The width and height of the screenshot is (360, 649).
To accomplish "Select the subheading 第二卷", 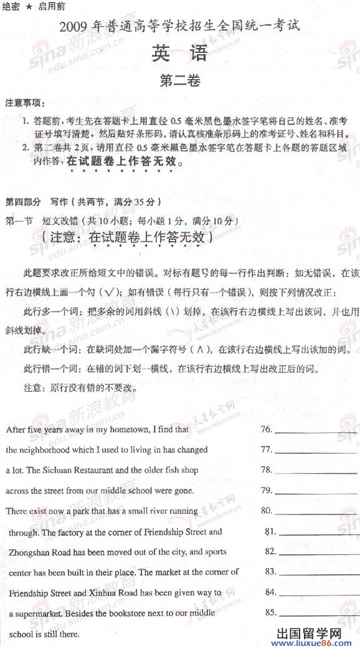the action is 179,81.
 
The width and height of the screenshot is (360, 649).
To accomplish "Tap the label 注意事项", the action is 25,102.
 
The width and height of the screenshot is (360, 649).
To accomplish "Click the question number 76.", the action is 267,429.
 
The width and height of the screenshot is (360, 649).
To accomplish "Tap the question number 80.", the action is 267,511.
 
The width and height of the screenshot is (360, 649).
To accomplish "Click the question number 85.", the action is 270,612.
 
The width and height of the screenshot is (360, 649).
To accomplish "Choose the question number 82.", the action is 270,551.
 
